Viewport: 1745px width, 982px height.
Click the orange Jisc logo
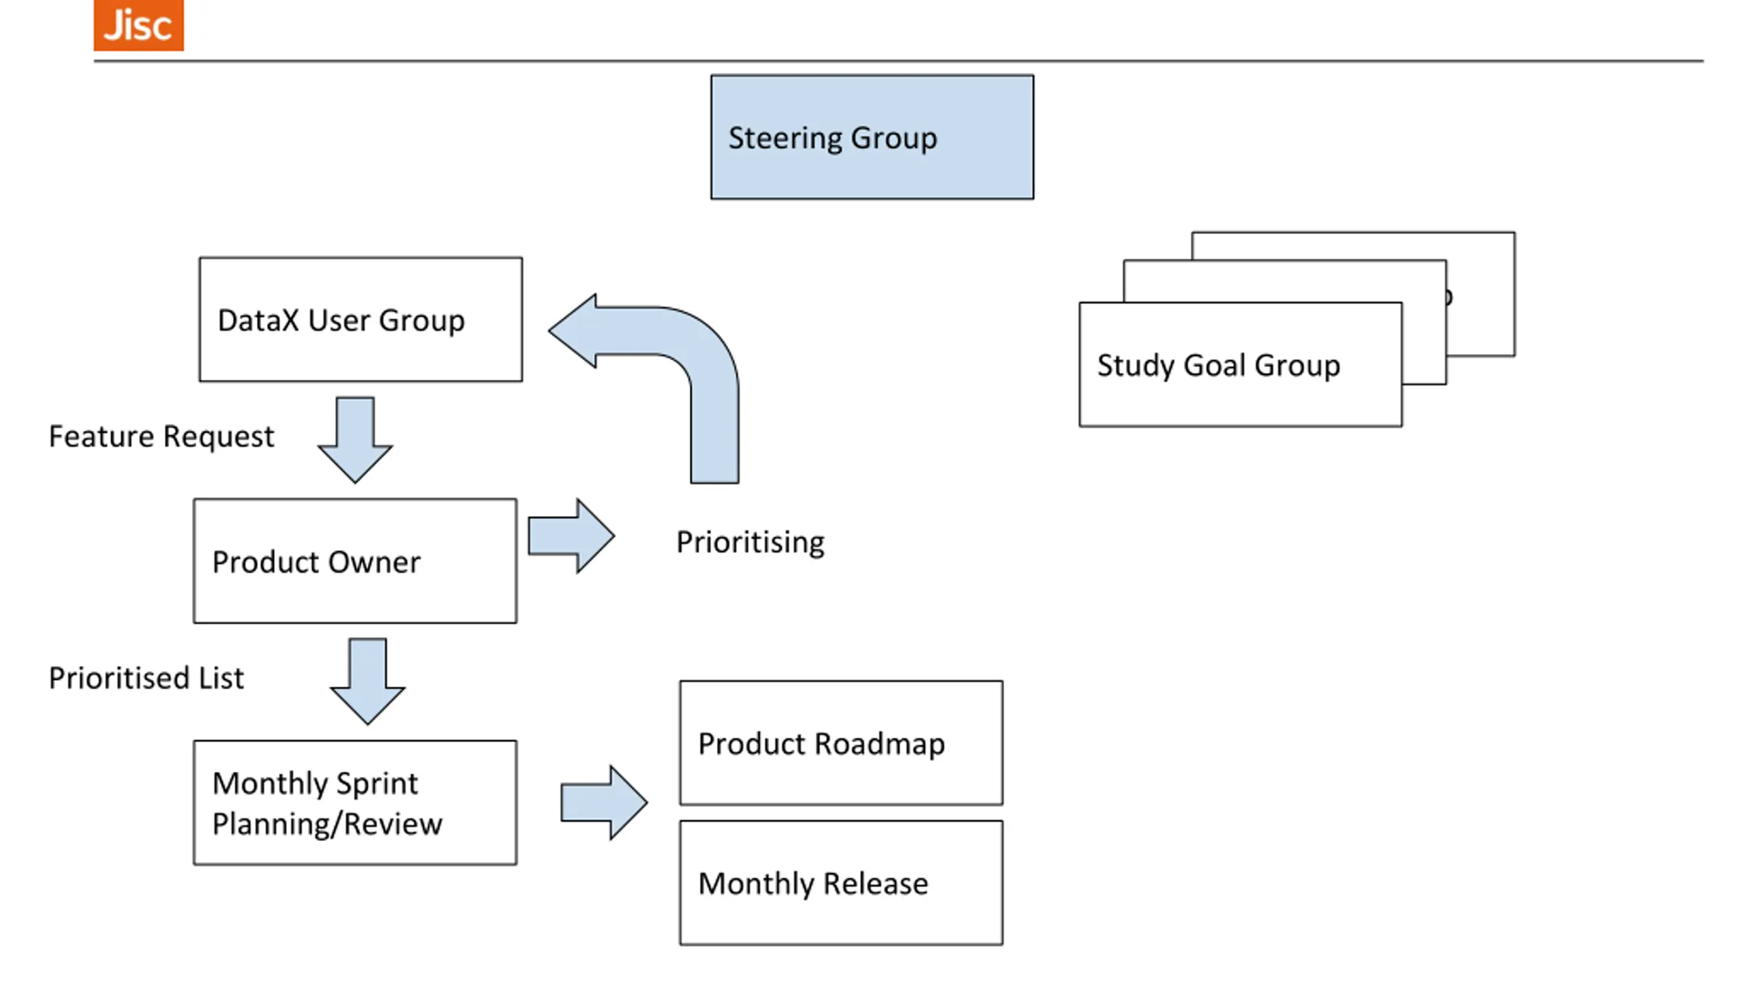tap(138, 25)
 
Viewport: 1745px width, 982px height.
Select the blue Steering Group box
tap(872, 137)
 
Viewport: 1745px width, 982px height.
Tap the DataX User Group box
tap(361, 319)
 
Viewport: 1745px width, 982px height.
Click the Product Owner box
tap(355, 561)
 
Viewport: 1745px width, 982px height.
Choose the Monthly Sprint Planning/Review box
tap(355, 803)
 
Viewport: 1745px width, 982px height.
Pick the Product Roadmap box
tap(841, 743)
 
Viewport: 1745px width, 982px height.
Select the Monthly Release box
tap(841, 882)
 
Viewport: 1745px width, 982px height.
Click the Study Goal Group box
tap(1241, 364)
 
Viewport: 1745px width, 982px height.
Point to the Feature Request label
tap(161, 437)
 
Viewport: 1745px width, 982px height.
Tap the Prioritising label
tap(750, 543)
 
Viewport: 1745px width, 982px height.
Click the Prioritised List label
tap(146, 678)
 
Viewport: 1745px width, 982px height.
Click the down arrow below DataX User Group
tap(355, 440)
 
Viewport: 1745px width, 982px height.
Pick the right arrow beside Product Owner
tap(571, 536)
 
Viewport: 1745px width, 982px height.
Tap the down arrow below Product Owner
tap(367, 681)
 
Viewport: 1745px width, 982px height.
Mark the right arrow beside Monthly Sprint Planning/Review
tap(604, 803)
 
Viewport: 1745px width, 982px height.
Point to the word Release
tap(875, 884)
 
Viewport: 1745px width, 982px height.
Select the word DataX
tap(258, 321)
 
